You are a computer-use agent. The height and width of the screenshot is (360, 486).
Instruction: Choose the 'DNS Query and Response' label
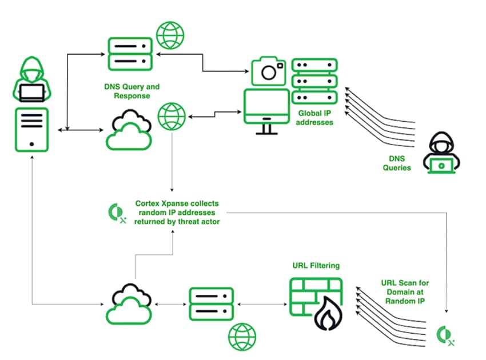coord(132,91)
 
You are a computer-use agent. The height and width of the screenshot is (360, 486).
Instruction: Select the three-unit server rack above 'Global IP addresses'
coord(314,81)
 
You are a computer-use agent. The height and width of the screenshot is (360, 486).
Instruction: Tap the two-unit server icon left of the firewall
coord(212,304)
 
